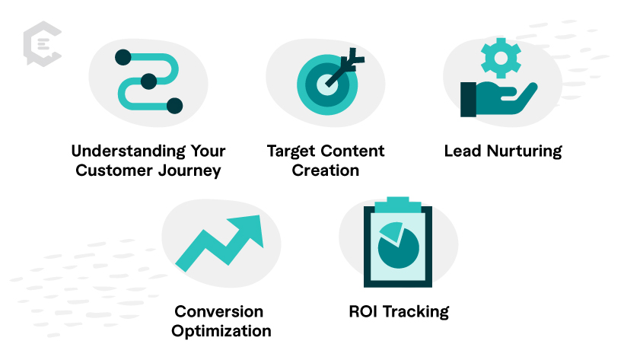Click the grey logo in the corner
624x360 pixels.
(x=43, y=43)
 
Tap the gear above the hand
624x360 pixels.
(x=501, y=58)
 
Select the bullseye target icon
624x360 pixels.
(x=327, y=84)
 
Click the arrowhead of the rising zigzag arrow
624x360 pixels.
(x=247, y=230)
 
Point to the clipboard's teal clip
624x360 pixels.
(x=398, y=205)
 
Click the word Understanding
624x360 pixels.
(x=128, y=151)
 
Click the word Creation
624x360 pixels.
(x=326, y=170)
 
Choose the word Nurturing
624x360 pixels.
(x=524, y=151)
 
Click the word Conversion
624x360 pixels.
(x=219, y=311)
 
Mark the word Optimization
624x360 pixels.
(x=221, y=332)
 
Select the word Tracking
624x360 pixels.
(x=415, y=312)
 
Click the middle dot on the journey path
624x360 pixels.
(x=149, y=81)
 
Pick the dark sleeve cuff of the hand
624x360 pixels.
(x=469, y=100)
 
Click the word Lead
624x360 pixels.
(x=463, y=151)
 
